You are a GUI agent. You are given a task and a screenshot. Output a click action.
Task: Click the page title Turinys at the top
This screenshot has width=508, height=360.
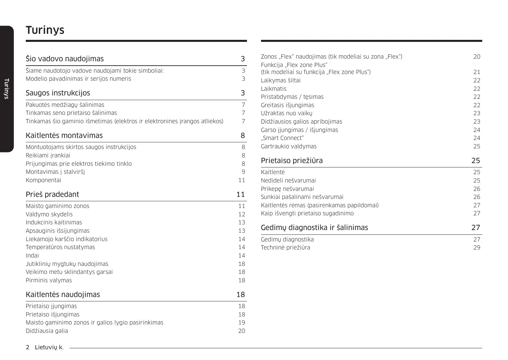[45, 30]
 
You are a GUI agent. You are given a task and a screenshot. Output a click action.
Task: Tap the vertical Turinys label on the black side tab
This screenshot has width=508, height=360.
[6, 89]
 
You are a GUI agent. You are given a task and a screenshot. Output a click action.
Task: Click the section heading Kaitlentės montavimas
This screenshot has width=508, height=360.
[64, 135]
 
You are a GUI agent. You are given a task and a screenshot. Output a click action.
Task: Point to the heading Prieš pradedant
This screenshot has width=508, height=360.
[53, 195]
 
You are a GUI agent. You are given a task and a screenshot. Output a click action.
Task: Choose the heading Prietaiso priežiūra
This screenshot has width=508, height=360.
[292, 161]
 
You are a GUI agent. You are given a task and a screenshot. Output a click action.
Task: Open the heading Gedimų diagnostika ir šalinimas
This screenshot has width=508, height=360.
[314, 228]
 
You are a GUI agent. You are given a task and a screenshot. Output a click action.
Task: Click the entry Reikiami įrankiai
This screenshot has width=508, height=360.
[48, 155]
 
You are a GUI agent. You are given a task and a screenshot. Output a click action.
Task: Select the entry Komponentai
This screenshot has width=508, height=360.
[44, 180]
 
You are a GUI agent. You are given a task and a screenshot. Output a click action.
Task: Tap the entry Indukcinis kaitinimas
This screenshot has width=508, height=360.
[54, 222]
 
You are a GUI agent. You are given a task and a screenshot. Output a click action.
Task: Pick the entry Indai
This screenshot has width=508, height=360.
[32, 256]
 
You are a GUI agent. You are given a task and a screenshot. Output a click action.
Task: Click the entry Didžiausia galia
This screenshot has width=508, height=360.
[47, 331]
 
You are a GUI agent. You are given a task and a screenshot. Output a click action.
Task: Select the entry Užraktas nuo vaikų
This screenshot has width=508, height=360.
[286, 113]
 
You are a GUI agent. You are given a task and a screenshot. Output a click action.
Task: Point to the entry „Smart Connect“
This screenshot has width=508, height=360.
[282, 138]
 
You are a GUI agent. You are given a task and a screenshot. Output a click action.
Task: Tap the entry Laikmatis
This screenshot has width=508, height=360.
[274, 89]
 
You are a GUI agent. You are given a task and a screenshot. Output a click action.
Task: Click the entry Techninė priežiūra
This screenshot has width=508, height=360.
[285, 247]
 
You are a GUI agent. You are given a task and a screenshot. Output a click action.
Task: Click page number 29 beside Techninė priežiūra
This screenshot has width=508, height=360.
[477, 247]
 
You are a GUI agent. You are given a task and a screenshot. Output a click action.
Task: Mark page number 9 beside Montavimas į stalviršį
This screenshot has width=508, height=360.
[243, 172]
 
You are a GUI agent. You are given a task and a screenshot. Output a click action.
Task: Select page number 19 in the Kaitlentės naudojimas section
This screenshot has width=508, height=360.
[242, 322]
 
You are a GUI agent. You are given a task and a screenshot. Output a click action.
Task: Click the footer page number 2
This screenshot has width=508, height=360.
[27, 347]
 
